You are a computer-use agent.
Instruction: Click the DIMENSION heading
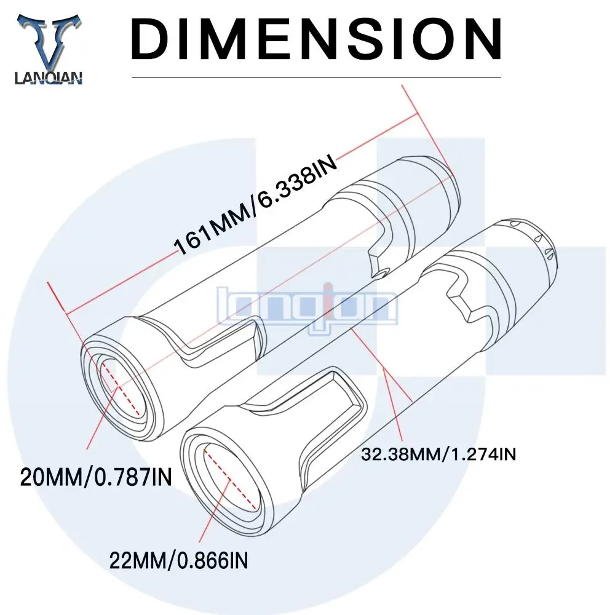click(317, 38)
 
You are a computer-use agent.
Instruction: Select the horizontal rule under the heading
click(317, 78)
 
